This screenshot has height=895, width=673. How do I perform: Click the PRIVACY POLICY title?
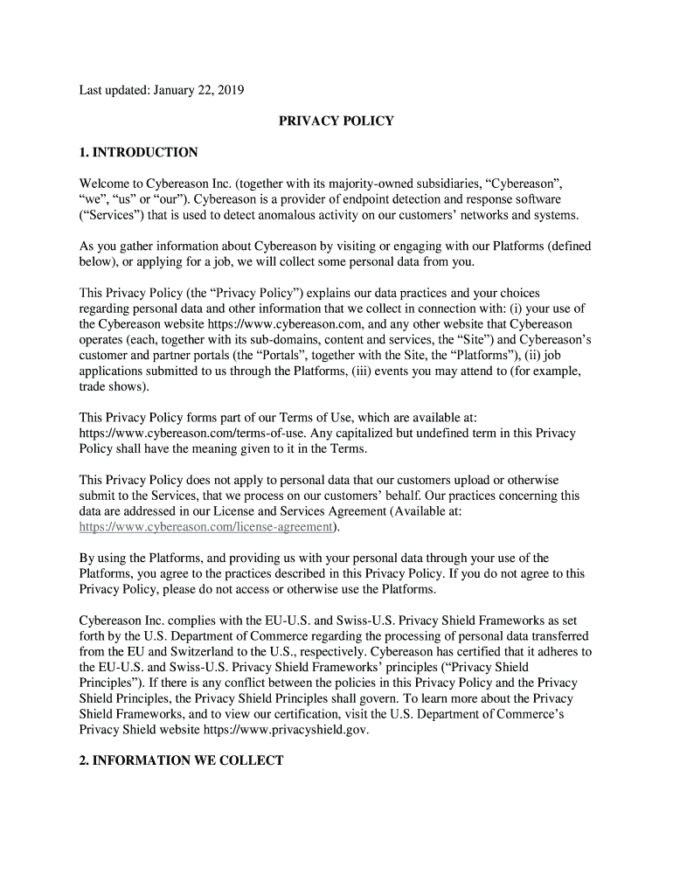coord(336,121)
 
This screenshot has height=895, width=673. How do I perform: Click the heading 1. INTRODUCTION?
coord(138,152)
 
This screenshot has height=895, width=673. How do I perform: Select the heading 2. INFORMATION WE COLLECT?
coord(181,760)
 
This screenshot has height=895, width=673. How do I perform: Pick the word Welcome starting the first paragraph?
coord(105,184)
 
